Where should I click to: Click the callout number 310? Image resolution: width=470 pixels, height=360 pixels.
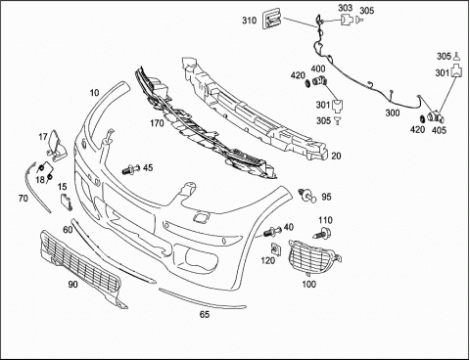point(249,21)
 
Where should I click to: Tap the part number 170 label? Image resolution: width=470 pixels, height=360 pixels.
point(157,123)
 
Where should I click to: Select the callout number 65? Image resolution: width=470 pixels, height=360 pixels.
point(205,314)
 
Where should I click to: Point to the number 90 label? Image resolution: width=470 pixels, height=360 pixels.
point(72,285)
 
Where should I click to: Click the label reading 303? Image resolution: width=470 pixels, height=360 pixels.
point(345,8)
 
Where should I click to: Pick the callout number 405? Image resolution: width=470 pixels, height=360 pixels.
point(439,130)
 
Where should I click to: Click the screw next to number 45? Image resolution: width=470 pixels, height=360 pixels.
point(131,169)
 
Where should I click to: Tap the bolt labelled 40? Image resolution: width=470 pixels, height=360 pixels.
point(271,232)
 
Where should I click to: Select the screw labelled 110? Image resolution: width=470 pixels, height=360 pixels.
point(322,233)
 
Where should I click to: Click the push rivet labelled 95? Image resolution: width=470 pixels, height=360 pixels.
point(307,196)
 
